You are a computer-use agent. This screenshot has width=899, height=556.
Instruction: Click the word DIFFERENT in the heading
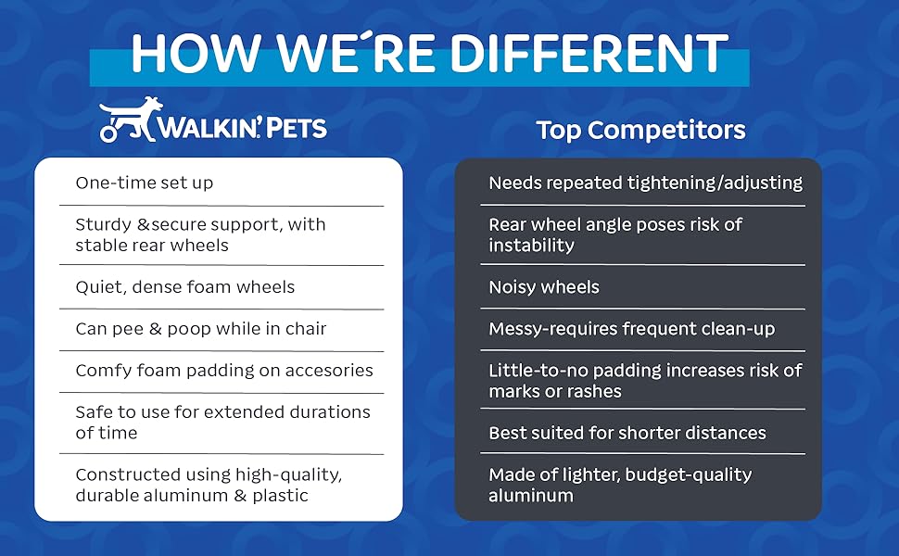[x=589, y=54]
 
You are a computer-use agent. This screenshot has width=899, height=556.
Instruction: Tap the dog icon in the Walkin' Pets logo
[x=132, y=119]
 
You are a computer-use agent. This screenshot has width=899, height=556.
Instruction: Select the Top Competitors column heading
[x=640, y=130]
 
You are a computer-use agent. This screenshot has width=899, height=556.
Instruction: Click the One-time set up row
[x=145, y=183]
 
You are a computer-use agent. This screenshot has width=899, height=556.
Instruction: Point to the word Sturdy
[x=104, y=224]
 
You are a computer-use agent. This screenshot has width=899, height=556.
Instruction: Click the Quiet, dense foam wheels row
[x=185, y=286]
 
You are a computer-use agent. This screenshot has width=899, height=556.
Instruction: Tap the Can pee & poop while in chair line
[x=201, y=328]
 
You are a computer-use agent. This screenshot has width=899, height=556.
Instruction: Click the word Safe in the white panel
[x=92, y=411]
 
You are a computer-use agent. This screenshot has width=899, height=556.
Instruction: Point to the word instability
[x=531, y=246]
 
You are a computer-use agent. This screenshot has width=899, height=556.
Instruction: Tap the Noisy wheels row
[x=544, y=286]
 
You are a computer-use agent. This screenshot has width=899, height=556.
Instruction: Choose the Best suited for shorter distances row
[x=627, y=433]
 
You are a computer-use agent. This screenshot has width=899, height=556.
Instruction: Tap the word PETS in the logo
[x=297, y=128]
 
